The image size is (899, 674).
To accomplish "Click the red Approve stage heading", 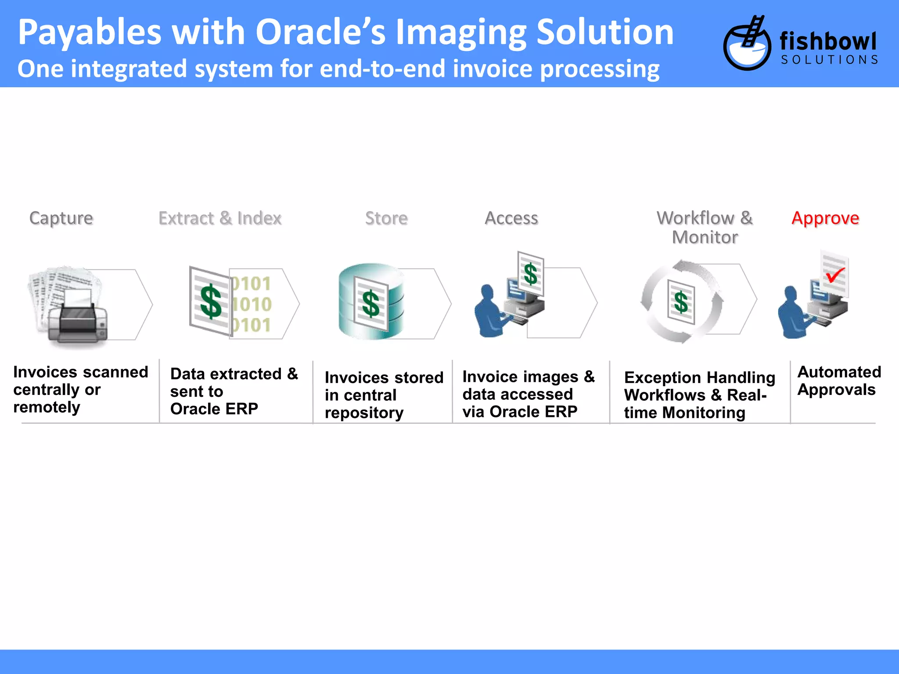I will (x=825, y=218).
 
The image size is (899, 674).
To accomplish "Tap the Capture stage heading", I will (x=61, y=218).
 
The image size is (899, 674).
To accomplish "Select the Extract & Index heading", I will (x=220, y=218).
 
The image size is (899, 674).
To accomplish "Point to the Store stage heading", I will (x=386, y=218).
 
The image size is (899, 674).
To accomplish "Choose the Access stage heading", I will (x=511, y=218).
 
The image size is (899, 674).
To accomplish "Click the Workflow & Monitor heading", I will (x=705, y=227).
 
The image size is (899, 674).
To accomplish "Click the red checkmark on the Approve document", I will (x=835, y=275).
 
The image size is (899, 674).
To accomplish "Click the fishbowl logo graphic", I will (x=747, y=44).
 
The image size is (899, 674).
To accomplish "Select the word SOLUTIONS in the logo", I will (x=829, y=60).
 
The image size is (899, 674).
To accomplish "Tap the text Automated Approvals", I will (x=838, y=381).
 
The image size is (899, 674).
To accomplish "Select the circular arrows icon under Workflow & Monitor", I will (x=681, y=302).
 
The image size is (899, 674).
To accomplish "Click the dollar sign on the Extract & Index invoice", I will (x=211, y=301).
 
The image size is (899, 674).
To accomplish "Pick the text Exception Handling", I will (x=700, y=377).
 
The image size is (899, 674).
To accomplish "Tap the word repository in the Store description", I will (x=364, y=413).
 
